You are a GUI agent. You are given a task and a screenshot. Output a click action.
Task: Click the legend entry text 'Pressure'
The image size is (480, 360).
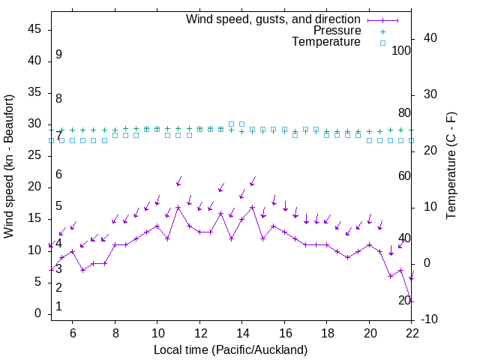(x=337, y=31)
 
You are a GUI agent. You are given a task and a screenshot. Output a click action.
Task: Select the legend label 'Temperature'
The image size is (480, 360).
(x=326, y=42)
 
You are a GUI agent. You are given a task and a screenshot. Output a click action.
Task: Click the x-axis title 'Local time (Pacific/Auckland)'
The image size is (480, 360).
(x=230, y=349)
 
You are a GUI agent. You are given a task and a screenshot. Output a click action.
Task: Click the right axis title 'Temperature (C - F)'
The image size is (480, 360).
(x=451, y=166)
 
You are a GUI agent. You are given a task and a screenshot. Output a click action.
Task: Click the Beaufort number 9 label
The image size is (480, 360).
(x=58, y=55)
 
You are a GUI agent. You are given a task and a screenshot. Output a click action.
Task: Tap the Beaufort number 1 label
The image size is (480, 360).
(x=58, y=307)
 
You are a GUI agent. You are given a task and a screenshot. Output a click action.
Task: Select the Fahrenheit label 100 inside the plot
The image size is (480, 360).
(x=401, y=50)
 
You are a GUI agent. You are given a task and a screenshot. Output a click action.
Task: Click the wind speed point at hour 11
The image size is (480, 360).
(x=178, y=207)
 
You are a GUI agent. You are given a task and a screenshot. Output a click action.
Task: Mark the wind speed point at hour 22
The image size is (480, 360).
(x=411, y=301)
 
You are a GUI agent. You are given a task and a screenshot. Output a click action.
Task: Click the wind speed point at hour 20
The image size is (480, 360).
(x=369, y=244)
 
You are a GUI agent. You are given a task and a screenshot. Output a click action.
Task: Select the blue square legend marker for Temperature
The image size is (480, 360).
(x=382, y=43)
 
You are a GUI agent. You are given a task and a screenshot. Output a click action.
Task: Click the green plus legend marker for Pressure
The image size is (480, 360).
(x=382, y=31)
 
